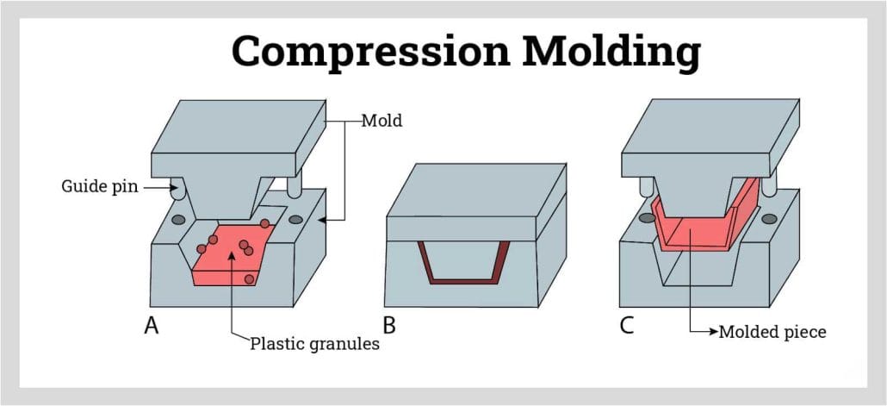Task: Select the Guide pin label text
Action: tap(97, 185)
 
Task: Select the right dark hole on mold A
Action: tap(296, 219)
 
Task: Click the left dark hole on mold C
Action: tap(646, 220)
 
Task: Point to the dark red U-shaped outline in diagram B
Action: tap(462, 280)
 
